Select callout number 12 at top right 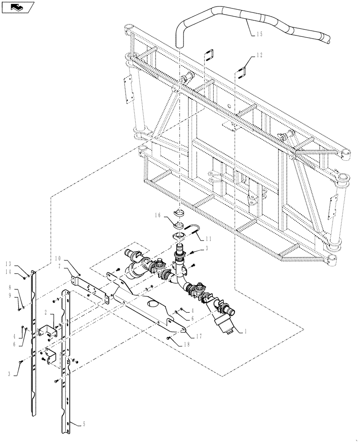(x=259, y=55)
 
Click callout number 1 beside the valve (x=241, y=330)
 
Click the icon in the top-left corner (x=17, y=7)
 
